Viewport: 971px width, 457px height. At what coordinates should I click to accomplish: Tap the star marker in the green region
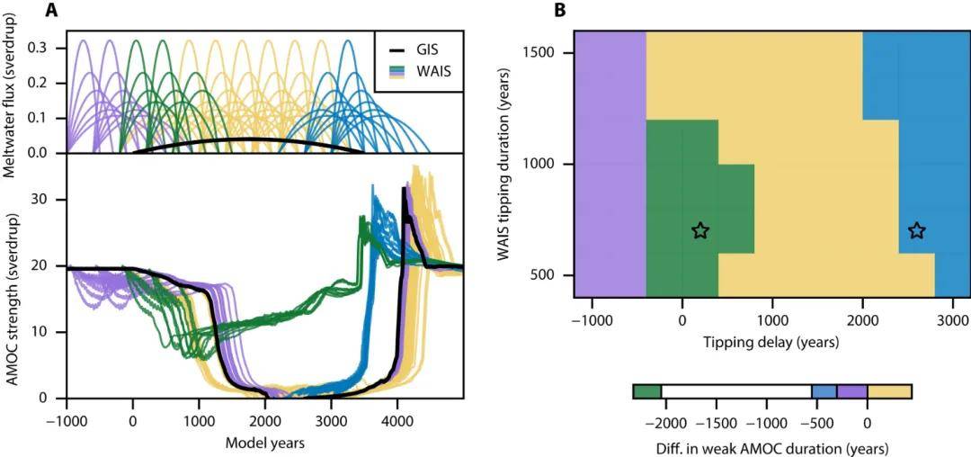[x=700, y=231]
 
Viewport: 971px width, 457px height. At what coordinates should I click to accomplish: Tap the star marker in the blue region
[x=916, y=231]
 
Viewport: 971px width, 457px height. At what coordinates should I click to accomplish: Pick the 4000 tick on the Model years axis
[x=396, y=420]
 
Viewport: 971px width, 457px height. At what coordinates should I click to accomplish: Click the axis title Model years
[x=264, y=442]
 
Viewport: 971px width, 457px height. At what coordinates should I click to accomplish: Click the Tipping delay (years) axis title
[x=771, y=342]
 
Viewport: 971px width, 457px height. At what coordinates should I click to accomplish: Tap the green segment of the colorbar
[x=646, y=391]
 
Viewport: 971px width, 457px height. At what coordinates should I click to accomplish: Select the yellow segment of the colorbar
[x=889, y=391]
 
